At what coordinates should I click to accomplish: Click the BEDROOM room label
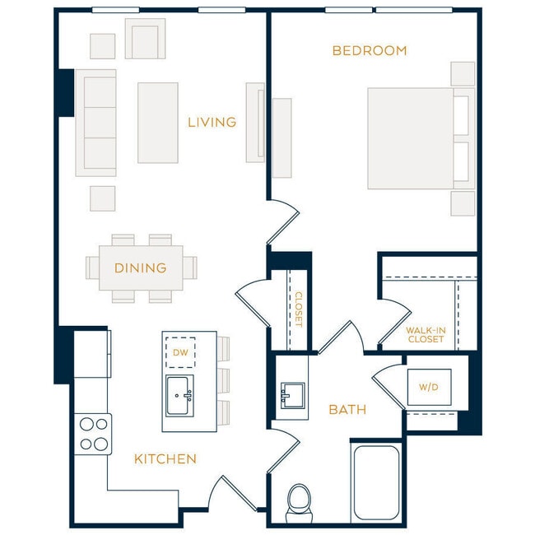[x=369, y=51]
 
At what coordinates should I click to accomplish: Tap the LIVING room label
[x=212, y=123]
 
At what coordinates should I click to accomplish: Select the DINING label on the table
[x=140, y=268]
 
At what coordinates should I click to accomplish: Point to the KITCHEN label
[x=165, y=459]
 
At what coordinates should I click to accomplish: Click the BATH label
[x=347, y=410]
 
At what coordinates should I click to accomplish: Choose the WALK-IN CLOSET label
[x=426, y=335]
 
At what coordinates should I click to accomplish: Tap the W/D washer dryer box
[x=429, y=387]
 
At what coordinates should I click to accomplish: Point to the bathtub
[x=376, y=482]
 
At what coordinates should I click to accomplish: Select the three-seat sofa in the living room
[x=95, y=123]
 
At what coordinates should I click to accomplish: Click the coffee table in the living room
[x=157, y=123]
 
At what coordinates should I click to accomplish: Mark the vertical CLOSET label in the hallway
[x=299, y=309]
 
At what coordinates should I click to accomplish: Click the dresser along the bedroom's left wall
[x=281, y=137]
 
